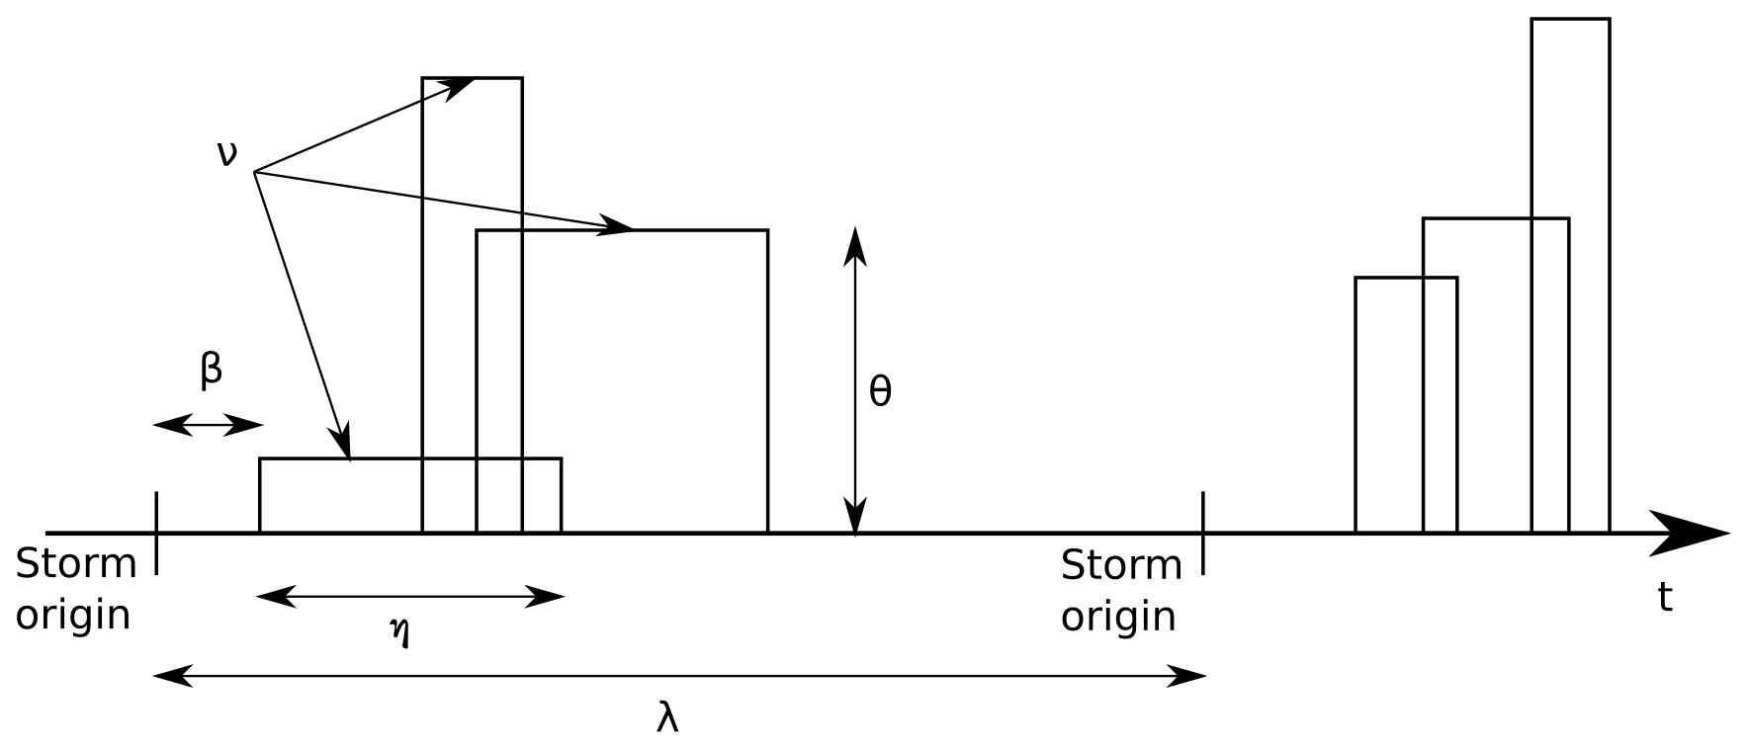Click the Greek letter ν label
(227, 154)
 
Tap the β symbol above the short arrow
(211, 371)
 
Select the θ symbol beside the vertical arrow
(880, 392)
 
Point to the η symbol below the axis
(399, 632)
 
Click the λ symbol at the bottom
(667, 718)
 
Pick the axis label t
(1665, 598)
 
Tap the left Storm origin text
(75, 590)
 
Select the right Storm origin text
(1121, 590)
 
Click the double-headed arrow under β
(209, 426)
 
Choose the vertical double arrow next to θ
(855, 380)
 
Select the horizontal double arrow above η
(410, 597)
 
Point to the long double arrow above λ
(680, 677)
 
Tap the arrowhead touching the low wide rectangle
(342, 446)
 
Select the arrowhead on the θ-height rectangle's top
(618, 227)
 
